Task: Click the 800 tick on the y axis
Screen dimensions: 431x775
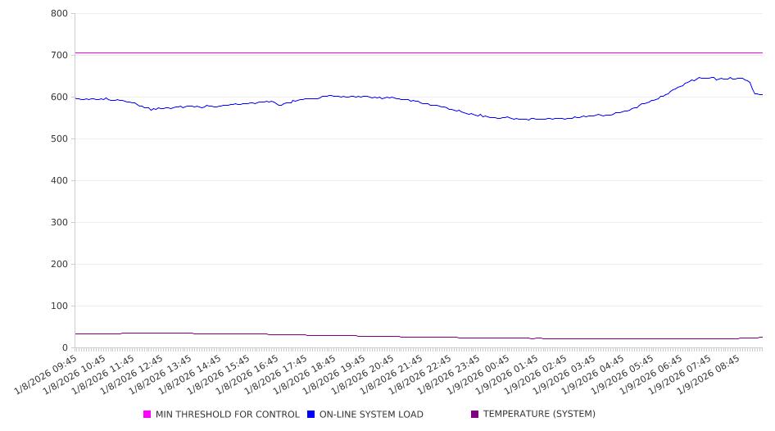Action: coord(58,14)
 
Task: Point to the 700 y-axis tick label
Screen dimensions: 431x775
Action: coord(58,56)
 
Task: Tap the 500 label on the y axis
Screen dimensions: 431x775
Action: coord(58,139)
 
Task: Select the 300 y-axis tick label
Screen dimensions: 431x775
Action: coord(58,223)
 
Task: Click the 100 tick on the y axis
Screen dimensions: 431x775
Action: coord(58,306)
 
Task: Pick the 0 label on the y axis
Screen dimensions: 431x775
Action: coord(64,348)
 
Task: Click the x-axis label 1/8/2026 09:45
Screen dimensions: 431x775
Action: coord(48,374)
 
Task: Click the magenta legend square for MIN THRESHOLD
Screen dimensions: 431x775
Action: coord(147,415)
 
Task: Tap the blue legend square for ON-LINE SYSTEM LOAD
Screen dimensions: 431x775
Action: coord(311,415)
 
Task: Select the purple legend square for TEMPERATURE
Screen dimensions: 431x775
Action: coord(475,415)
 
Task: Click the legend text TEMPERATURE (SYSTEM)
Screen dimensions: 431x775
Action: coord(539,415)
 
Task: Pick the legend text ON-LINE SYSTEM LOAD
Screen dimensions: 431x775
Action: coord(371,415)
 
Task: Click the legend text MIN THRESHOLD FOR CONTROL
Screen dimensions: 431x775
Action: coord(227,415)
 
